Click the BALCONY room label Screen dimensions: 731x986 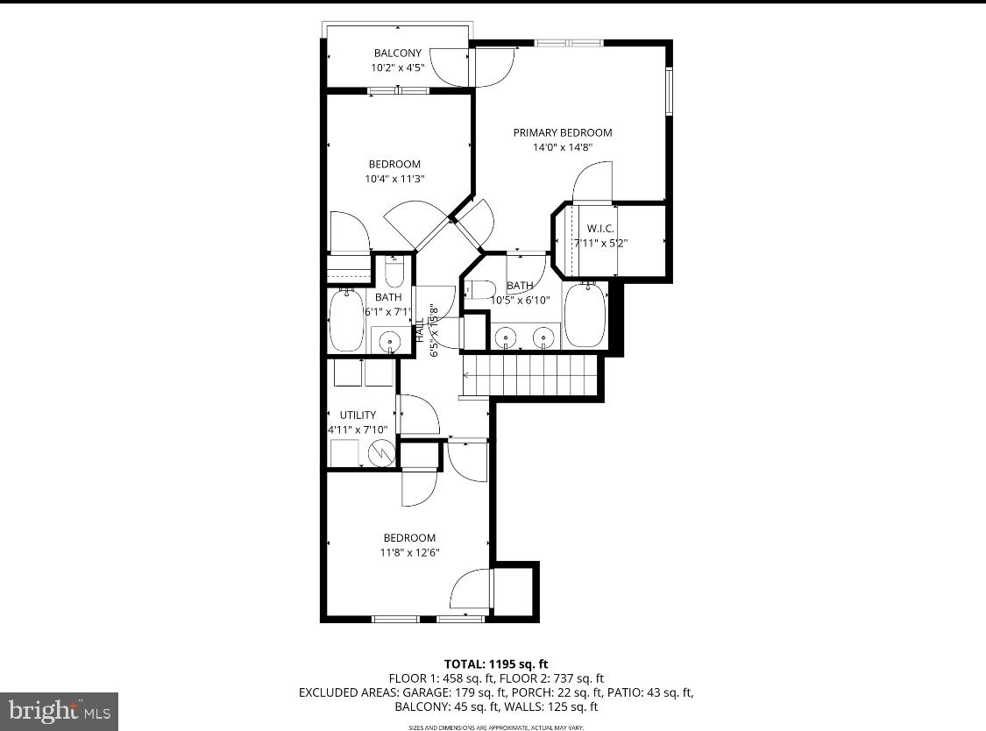click(397, 53)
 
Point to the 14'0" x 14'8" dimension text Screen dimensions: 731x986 click(562, 147)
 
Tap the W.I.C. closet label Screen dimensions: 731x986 click(600, 229)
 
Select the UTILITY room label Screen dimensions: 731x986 click(358, 415)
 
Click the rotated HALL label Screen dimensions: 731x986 click(419, 330)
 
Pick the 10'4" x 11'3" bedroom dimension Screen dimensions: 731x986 click(394, 179)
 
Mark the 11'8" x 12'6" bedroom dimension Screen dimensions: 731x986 click(409, 553)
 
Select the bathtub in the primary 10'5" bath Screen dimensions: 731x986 click(585, 315)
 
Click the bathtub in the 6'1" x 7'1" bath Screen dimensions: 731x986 click(345, 320)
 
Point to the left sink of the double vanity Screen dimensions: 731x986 click(506, 336)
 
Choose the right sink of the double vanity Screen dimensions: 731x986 click(545, 336)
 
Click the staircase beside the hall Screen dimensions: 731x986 click(530, 375)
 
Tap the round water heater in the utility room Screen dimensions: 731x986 click(382, 453)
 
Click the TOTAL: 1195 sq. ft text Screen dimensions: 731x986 click(497, 664)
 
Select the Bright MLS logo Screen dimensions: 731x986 click(59, 710)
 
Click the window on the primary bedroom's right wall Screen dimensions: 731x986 click(670, 91)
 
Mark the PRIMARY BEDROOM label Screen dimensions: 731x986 click(562, 132)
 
